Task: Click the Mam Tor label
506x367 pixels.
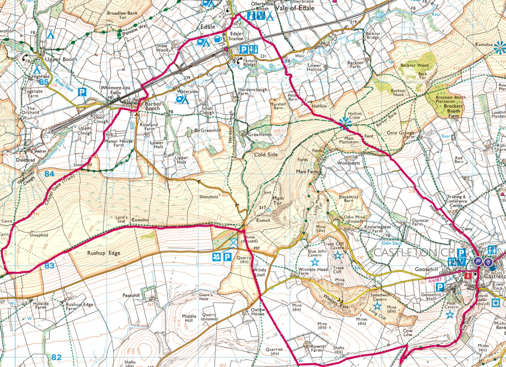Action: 278,200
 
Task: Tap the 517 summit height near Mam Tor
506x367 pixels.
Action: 263,208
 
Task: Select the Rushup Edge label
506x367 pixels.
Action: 104,253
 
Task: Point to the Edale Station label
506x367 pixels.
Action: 236,36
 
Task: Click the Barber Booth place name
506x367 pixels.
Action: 153,106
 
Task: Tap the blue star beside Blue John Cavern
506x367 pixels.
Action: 315,262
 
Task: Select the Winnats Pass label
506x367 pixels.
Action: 336,301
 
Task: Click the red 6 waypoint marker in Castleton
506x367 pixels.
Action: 468,276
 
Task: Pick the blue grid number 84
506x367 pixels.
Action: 49,174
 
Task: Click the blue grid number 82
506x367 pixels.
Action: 56,357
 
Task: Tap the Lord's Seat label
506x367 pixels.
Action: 121,219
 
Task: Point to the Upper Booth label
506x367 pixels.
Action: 61,59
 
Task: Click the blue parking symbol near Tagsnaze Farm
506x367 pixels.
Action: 82,92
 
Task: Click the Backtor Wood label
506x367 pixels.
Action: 414,65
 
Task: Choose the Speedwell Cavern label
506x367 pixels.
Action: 380,297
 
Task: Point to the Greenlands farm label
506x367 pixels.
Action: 260,135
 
